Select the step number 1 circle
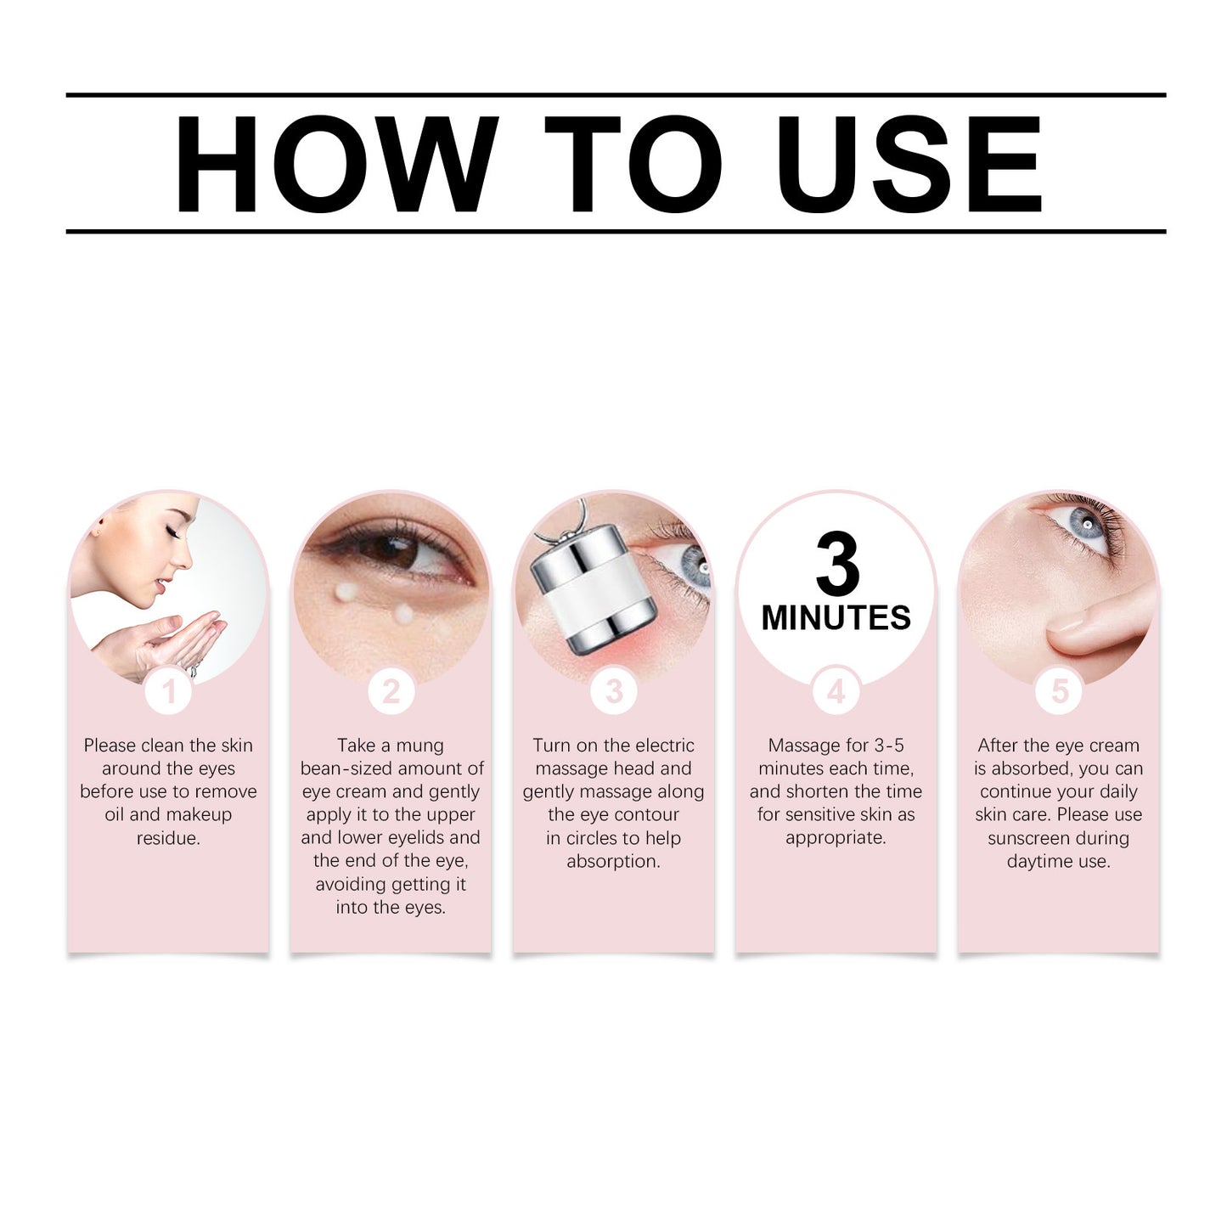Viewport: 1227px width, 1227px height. pos(168,691)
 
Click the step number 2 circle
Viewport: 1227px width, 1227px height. pos(391,691)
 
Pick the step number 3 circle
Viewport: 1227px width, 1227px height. pos(613,691)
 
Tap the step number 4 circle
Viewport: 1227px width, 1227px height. pos(836,691)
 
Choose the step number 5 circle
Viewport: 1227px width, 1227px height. pos(1059,691)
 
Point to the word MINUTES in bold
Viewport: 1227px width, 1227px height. pos(836,618)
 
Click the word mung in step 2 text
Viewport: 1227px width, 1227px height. pos(419,746)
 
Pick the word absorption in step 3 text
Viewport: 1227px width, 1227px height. pos(613,861)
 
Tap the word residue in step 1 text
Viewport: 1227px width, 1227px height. pos(168,838)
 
